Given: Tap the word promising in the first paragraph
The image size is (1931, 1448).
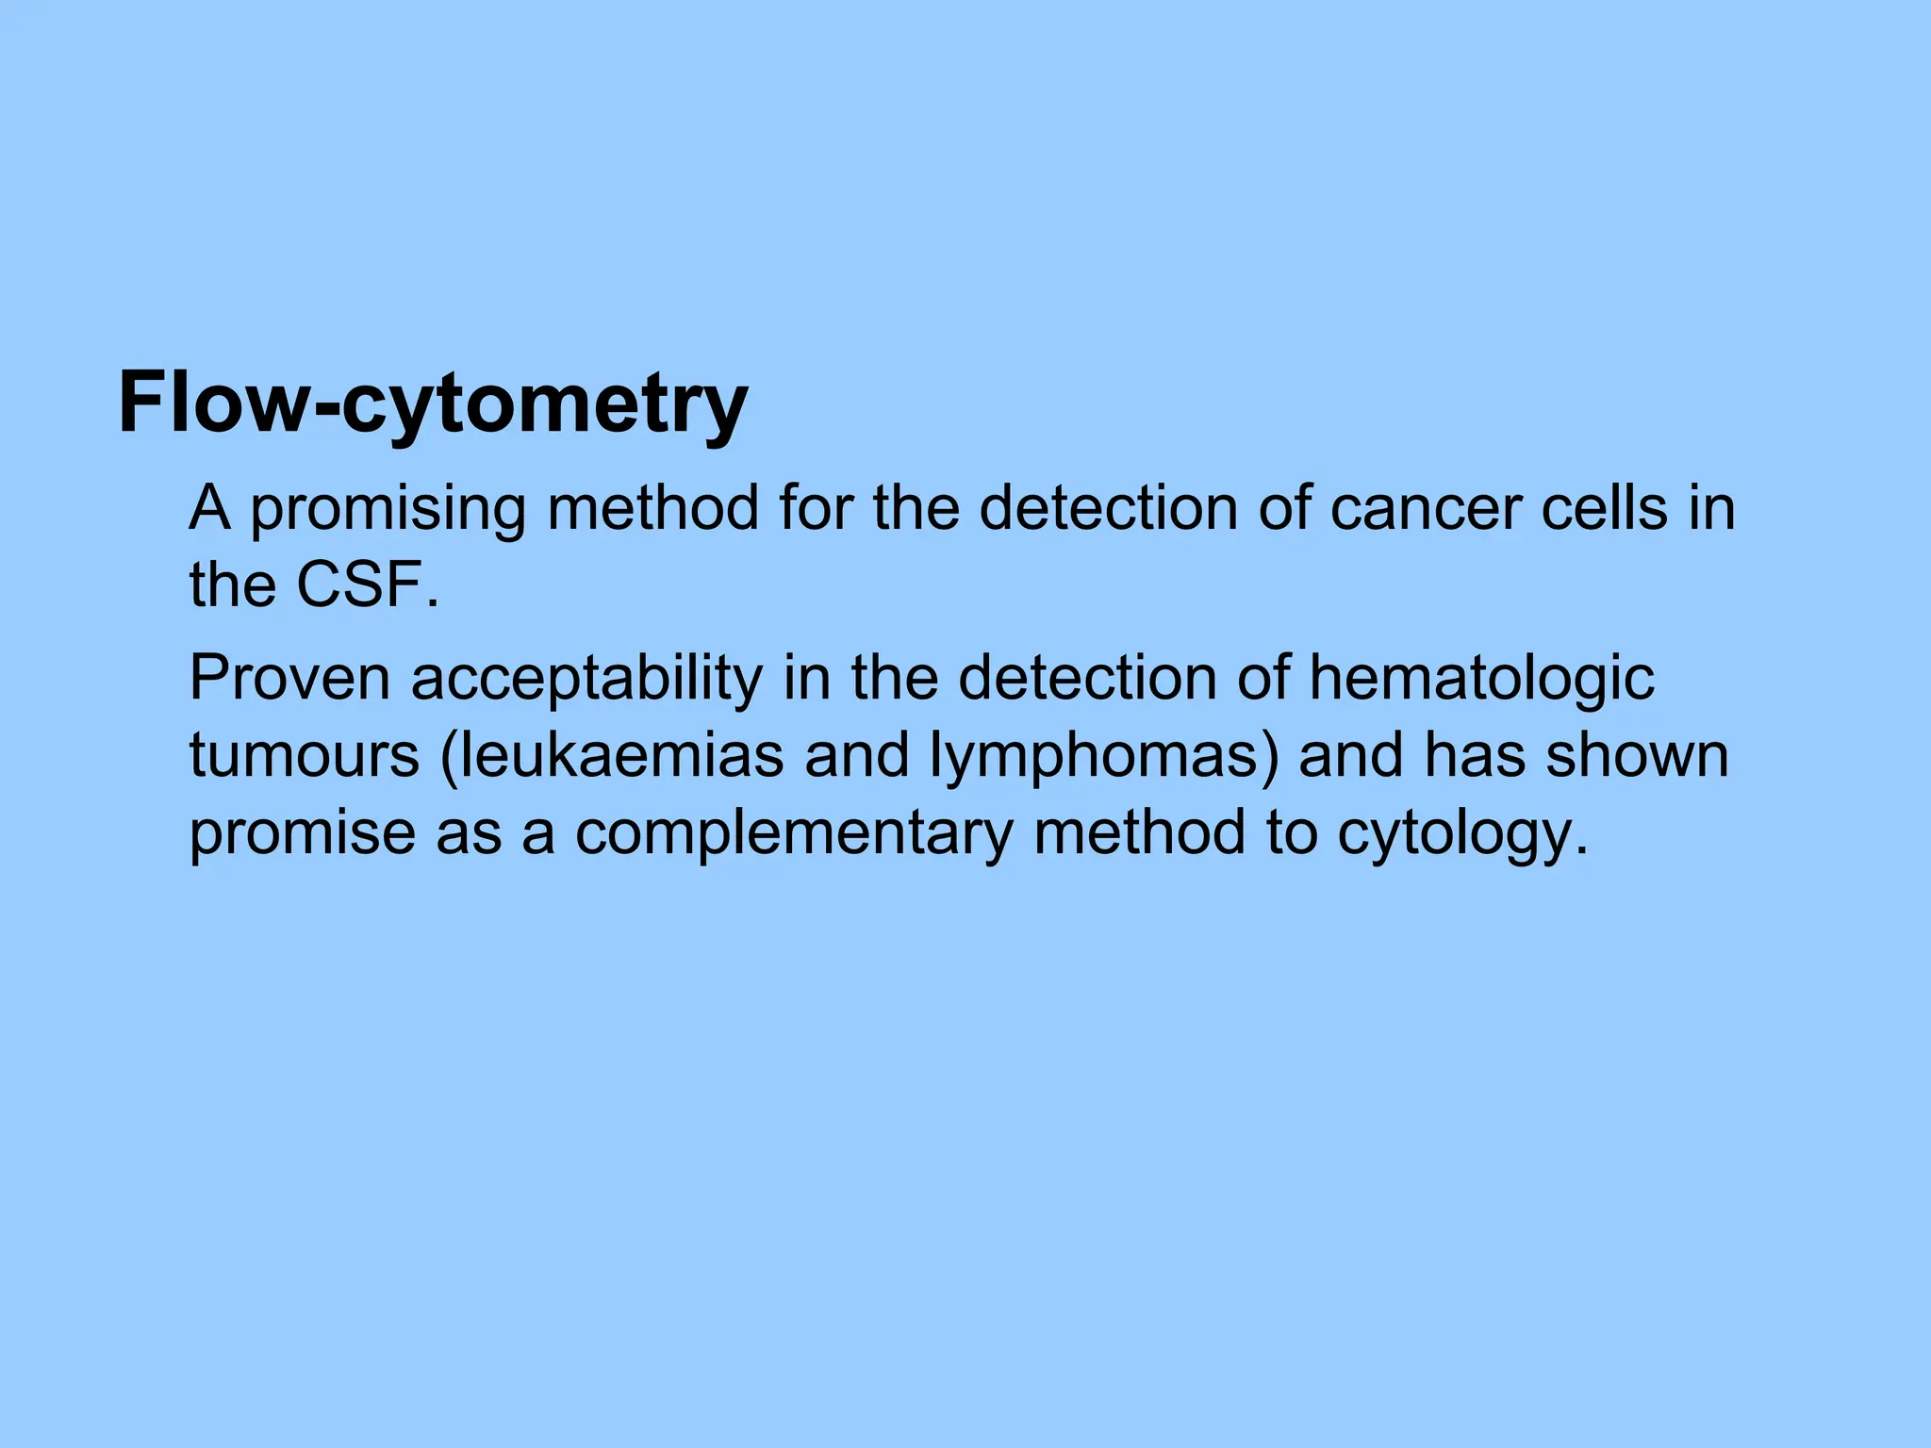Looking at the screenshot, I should click(387, 510).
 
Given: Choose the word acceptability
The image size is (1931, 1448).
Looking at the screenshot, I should click(586, 680).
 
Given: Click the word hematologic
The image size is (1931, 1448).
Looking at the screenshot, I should click(1481, 680).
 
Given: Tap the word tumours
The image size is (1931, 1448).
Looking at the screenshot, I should click(304, 756).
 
